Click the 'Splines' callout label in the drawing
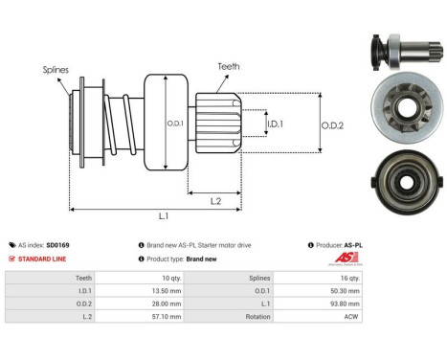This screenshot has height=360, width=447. pyautogui.click(x=55, y=70)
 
